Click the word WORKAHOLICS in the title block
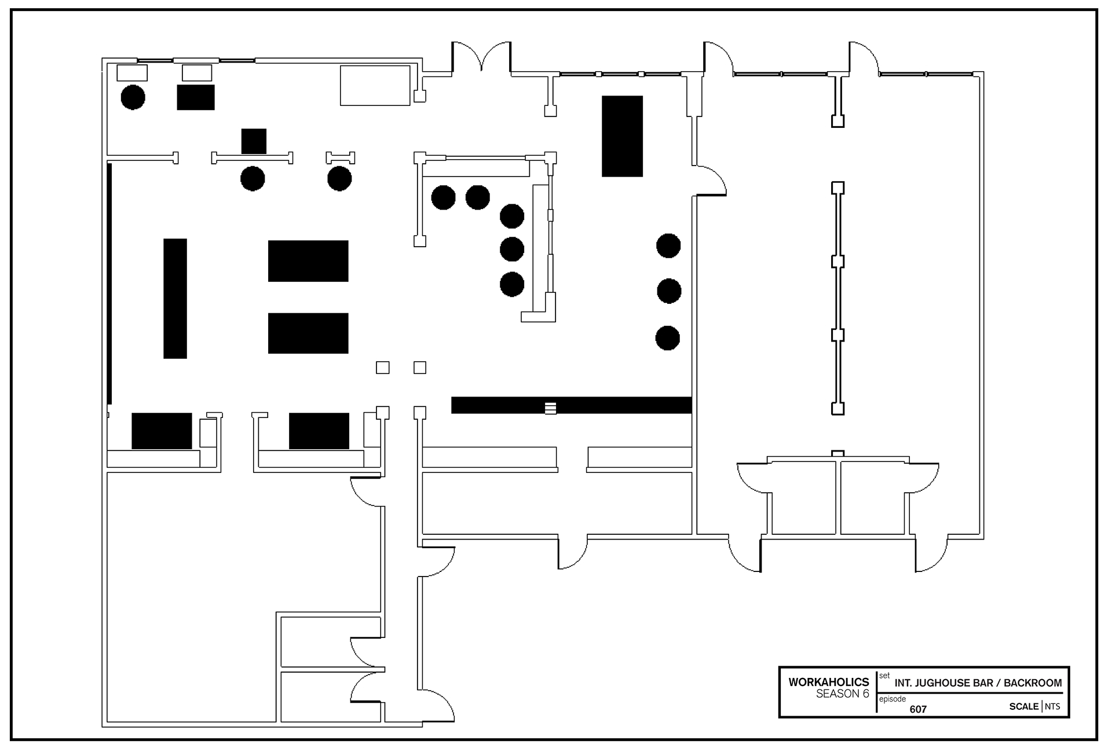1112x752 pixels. (x=828, y=682)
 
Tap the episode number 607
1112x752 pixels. (x=918, y=709)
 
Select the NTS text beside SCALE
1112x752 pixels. (x=1052, y=706)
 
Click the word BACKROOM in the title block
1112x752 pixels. (x=1033, y=683)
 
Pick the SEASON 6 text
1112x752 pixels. (x=843, y=694)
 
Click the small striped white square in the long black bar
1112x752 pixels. (x=550, y=408)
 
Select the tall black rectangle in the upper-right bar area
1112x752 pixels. (x=622, y=136)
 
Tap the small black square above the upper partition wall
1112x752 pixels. (x=254, y=141)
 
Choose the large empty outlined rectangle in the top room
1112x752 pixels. (x=375, y=86)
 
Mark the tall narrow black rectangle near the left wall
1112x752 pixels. (x=175, y=299)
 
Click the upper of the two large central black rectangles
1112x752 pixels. (x=308, y=261)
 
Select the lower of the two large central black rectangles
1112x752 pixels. (x=308, y=333)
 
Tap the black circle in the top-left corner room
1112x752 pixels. (x=133, y=97)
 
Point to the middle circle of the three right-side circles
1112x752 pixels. (x=669, y=291)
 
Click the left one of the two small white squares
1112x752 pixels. (x=383, y=368)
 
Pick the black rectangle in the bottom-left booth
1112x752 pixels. (x=162, y=431)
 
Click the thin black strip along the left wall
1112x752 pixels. (x=109, y=284)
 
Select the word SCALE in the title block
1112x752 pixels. (x=1024, y=706)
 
